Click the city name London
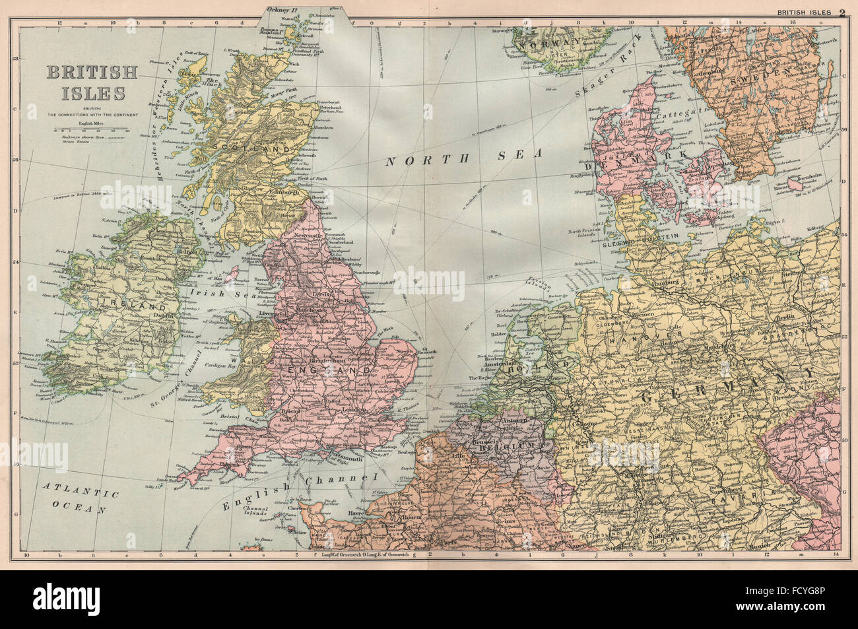pos(355,410)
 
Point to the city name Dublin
pos(162,315)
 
